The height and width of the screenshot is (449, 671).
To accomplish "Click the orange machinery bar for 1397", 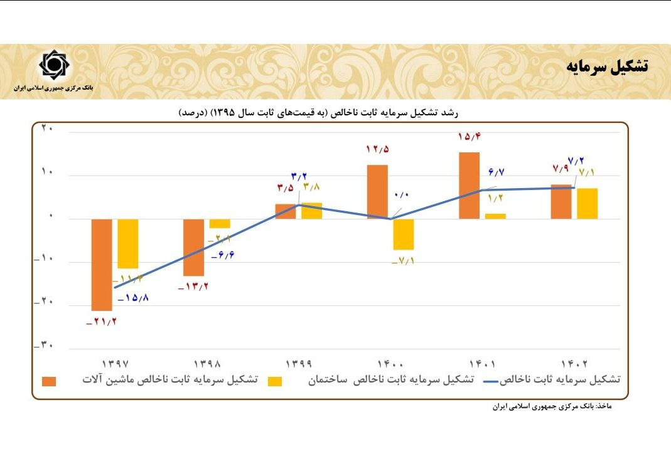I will point(102,265).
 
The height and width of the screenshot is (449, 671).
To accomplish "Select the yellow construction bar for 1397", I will point(128,243).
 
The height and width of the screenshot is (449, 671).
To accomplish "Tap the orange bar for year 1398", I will point(193,247).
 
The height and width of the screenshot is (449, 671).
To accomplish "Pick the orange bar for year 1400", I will point(377,192).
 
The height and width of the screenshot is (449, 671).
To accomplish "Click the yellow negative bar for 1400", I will point(404,234).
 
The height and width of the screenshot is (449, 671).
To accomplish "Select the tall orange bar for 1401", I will point(469,186).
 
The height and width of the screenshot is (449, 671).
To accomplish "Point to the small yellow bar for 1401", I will point(495,216).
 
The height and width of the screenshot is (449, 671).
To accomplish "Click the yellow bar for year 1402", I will point(587,203).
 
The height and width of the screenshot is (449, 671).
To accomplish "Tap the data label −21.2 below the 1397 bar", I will point(102,322).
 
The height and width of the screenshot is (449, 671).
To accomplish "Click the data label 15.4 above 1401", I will point(469,137).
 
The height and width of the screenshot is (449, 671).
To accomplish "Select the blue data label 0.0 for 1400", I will point(402,195).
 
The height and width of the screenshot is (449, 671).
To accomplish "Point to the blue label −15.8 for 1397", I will point(132,297).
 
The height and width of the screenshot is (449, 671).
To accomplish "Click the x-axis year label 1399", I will point(299,363).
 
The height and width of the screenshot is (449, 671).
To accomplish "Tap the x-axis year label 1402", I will point(574,363).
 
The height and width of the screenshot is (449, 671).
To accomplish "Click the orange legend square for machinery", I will point(49,381).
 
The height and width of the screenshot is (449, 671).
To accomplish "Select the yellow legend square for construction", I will point(275,381).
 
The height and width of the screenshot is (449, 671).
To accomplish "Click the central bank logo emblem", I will point(55,65).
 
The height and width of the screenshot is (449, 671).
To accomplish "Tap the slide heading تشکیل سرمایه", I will point(608,66).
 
